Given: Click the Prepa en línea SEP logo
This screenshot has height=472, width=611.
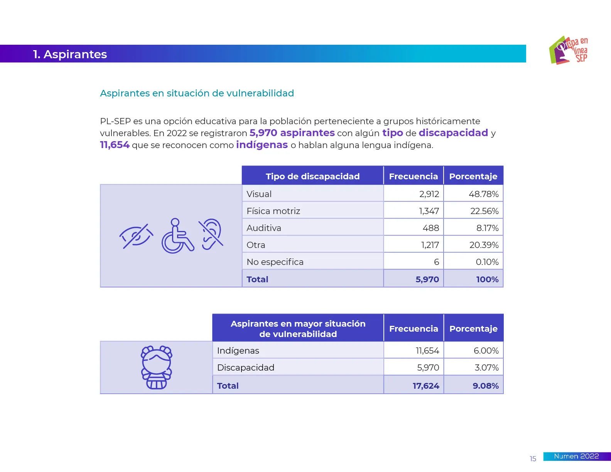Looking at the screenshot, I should pyautogui.click(x=568, y=51).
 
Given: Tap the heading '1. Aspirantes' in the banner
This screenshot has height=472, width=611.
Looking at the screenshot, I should pyautogui.click(x=70, y=54).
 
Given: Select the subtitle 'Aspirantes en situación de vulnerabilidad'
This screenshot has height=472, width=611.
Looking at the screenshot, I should pyautogui.click(x=197, y=93).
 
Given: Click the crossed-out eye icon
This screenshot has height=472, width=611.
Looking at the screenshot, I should pyautogui.click(x=136, y=236).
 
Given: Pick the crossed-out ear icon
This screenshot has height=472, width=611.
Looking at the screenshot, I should pyautogui.click(x=211, y=234).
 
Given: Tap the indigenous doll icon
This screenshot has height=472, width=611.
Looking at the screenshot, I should pyautogui.click(x=157, y=367).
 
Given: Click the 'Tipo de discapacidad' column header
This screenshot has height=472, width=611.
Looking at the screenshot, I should pyautogui.click(x=312, y=176).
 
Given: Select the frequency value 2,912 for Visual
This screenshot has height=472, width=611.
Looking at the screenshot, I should pyautogui.click(x=429, y=194).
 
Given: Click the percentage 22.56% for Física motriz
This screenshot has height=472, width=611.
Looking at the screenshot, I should pyautogui.click(x=484, y=211).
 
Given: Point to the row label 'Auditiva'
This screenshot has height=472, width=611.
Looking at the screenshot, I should pyautogui.click(x=264, y=228).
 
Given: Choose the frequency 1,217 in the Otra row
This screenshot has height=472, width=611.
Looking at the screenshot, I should pyautogui.click(x=430, y=245).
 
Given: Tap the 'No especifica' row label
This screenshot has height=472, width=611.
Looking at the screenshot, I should pyautogui.click(x=275, y=262).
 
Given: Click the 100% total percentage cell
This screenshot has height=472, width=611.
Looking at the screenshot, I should pyautogui.click(x=487, y=279).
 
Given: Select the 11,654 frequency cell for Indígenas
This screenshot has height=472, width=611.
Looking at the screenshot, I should pyautogui.click(x=427, y=351).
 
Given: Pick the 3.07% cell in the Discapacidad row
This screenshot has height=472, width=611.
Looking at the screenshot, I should pyautogui.click(x=486, y=367).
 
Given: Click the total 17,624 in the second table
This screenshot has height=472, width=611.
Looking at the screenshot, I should pyautogui.click(x=426, y=386).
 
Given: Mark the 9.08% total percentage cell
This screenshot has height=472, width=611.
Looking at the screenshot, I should pyautogui.click(x=486, y=386).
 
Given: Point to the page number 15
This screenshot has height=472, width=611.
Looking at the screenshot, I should pyautogui.click(x=533, y=459).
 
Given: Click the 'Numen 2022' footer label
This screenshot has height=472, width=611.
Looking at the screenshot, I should pyautogui.click(x=576, y=456).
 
